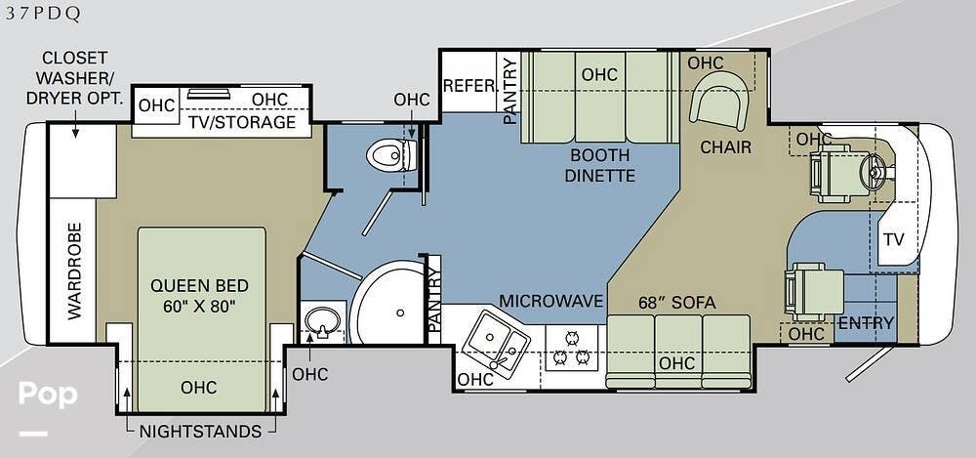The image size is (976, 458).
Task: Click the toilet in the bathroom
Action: [391, 155]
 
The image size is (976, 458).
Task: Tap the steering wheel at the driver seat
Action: [873, 169]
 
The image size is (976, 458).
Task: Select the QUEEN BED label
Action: [199, 286]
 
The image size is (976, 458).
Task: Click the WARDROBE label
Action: [74, 271]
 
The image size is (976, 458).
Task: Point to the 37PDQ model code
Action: [43, 14]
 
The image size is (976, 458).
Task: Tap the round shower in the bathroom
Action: [387, 302]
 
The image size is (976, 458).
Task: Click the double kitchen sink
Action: [499, 343]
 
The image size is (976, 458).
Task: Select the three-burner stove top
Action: [571, 348]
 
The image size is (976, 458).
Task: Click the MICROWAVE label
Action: [551, 301]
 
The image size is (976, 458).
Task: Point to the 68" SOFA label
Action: [677, 303]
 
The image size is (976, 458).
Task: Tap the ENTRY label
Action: [866, 323]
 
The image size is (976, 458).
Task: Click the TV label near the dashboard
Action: [893, 239]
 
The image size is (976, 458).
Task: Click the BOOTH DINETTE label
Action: [600, 165]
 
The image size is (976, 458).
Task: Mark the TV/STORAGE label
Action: [241, 122]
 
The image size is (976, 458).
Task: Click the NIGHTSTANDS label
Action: [200, 432]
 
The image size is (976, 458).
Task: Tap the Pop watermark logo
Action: [48, 395]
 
